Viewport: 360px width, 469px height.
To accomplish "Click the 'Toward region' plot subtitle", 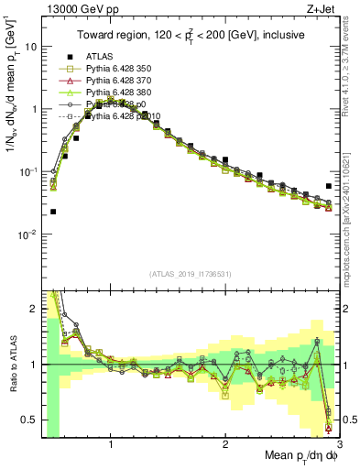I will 190,36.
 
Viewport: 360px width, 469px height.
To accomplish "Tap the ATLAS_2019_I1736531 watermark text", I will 190,274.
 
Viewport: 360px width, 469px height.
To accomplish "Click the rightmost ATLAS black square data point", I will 329,186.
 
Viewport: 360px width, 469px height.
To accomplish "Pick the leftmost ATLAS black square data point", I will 53,212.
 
